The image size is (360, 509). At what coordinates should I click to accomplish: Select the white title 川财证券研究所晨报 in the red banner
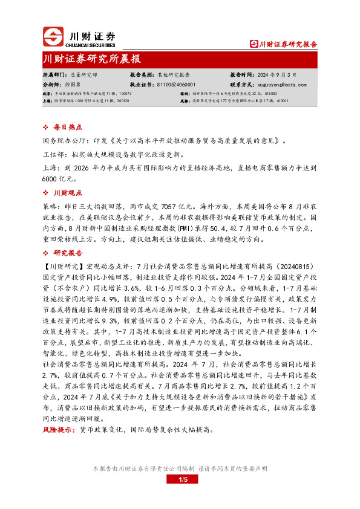tap(93, 59)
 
